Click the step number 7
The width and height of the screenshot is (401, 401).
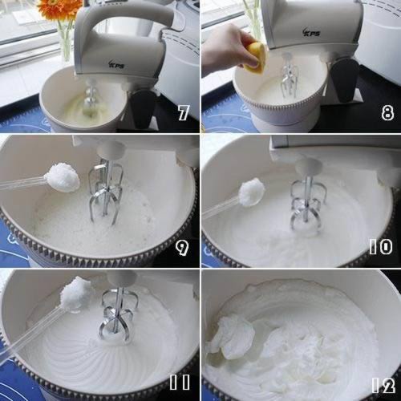[184, 112]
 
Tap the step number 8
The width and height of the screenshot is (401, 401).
[387, 112]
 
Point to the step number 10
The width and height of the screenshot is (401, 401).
[381, 246]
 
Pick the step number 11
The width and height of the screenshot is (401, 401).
[180, 382]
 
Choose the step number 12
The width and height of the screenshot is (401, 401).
[383, 385]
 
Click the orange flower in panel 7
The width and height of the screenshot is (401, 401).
[59, 9]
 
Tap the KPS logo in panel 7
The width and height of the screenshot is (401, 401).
[116, 64]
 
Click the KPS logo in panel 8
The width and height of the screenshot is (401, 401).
[311, 32]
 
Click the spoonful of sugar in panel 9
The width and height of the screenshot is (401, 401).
[62, 178]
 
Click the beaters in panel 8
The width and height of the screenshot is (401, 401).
[289, 76]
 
